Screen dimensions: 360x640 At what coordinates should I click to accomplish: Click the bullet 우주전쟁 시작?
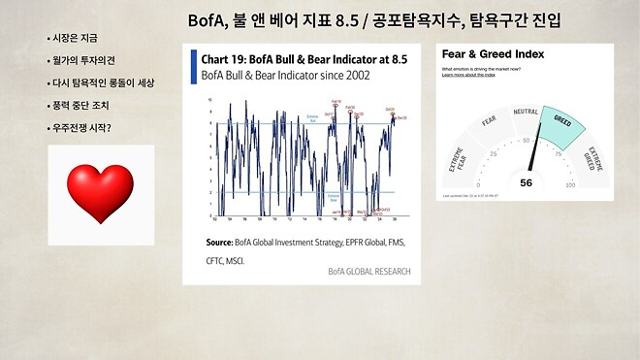click(x=84, y=127)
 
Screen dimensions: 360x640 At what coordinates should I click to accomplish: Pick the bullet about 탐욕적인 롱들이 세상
click(x=102, y=82)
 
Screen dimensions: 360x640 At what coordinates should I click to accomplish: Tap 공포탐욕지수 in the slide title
click(x=424, y=19)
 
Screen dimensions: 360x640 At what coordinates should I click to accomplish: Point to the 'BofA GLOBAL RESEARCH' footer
click(x=368, y=271)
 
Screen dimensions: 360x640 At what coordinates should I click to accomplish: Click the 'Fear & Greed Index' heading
click(x=492, y=54)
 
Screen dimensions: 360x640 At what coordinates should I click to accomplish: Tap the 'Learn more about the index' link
click(x=469, y=75)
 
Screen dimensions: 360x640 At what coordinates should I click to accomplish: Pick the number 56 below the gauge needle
click(x=526, y=181)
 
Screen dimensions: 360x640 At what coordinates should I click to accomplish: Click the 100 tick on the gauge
click(x=570, y=184)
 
